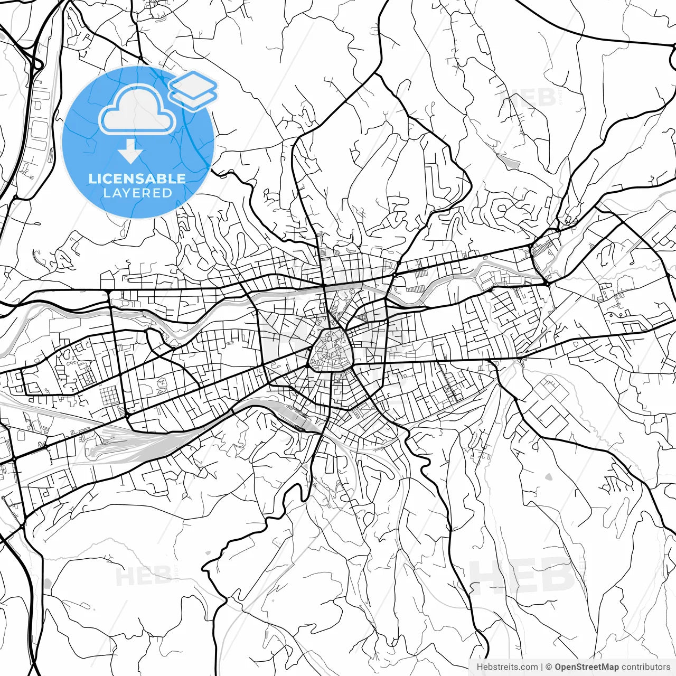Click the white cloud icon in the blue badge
(137, 110)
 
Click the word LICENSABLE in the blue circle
(137, 179)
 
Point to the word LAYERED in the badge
(137, 193)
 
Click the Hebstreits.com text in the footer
(507, 667)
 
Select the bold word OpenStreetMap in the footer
(587, 667)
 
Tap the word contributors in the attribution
(646, 667)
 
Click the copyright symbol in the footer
(549, 667)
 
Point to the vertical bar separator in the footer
(542, 667)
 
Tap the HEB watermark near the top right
(525, 99)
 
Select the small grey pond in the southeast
(548, 477)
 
